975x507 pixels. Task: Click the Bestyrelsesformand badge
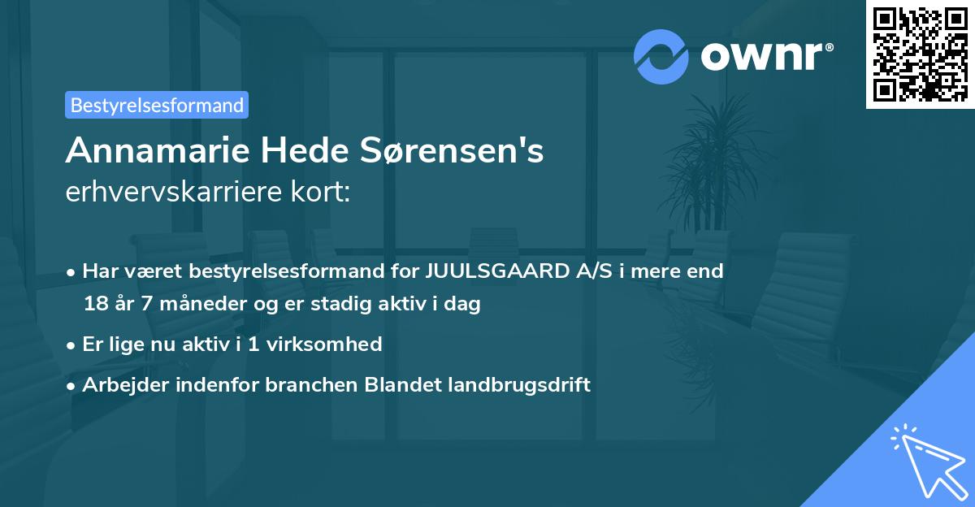[156, 105]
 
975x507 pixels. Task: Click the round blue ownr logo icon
[661, 57]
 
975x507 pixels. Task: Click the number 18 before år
[94, 305]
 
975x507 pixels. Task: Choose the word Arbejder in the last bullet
[119, 384]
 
